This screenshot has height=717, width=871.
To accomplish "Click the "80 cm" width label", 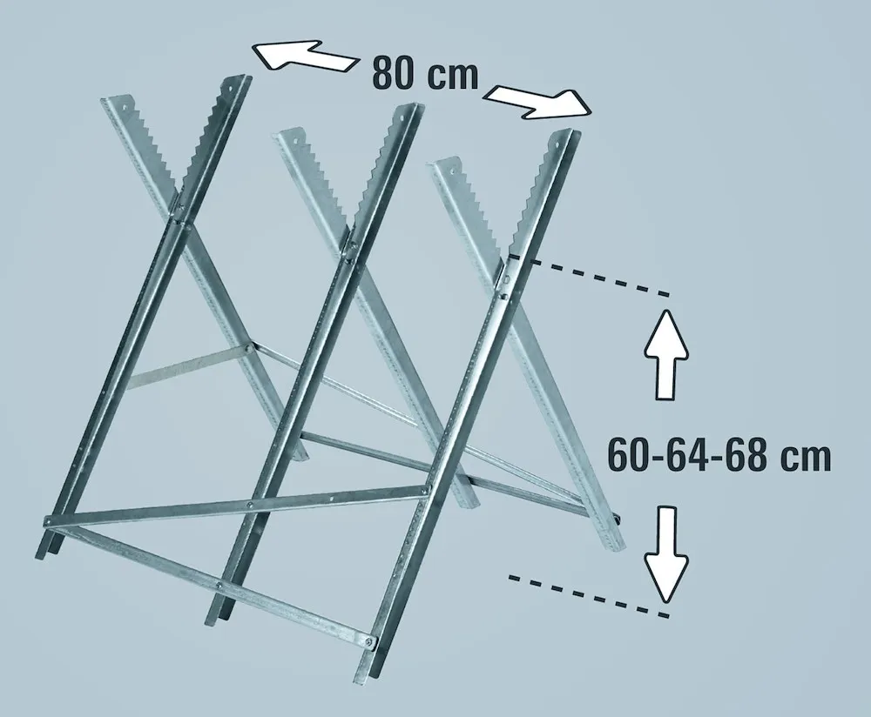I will [x=425, y=72].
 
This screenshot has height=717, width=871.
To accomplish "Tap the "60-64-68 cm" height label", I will [x=718, y=454].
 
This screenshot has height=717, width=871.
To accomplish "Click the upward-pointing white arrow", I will [x=667, y=355].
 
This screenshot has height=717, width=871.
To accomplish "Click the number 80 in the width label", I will [x=393, y=72].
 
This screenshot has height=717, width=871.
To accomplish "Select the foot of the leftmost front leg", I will [x=44, y=548].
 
